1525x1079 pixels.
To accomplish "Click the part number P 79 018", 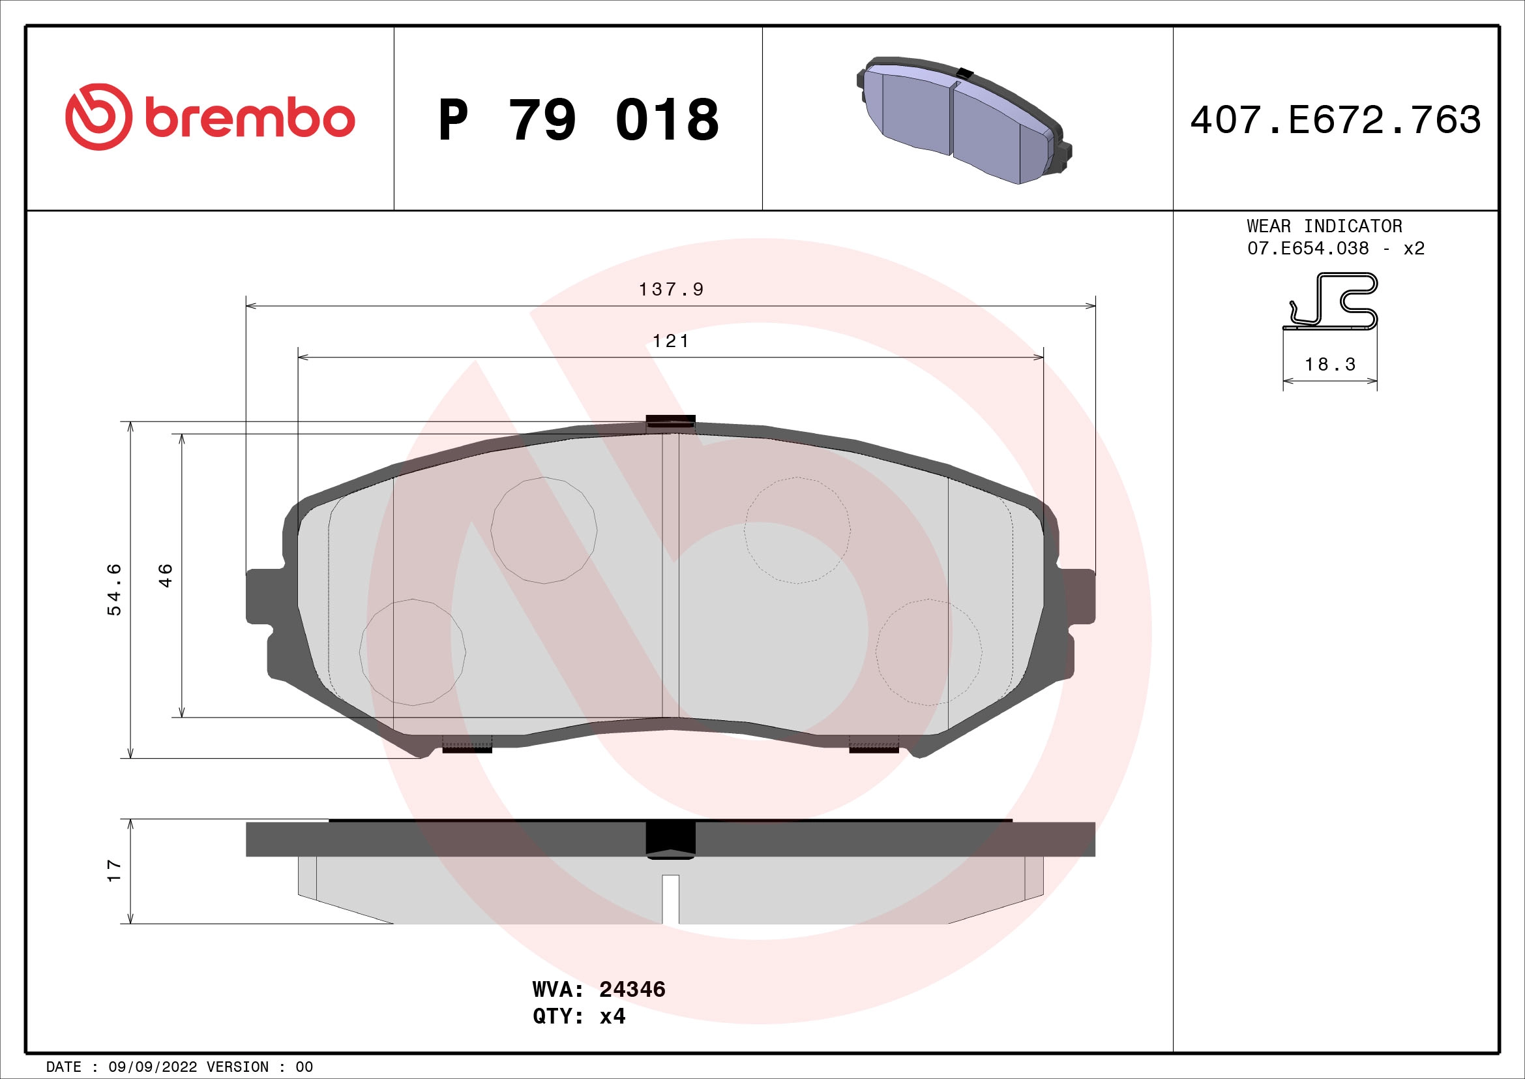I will click(578, 119).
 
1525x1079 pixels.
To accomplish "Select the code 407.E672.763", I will click(1335, 120).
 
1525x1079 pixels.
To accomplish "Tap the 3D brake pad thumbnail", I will click(963, 119).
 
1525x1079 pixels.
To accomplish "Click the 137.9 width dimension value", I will click(671, 290).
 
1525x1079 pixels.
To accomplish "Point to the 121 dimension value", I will click(671, 341).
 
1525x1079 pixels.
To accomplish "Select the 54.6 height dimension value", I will click(115, 589).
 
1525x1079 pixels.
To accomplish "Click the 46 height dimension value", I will click(166, 575).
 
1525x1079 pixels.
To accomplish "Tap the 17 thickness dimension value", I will click(115, 870).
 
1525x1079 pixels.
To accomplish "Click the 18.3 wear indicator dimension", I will click(1329, 365).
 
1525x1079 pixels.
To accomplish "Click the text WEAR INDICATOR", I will click(1324, 226).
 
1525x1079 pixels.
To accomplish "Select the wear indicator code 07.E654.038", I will click(1308, 249).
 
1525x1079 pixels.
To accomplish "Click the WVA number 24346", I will click(632, 990).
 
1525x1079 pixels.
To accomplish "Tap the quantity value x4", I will click(612, 1016).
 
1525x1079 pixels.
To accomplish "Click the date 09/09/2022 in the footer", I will click(153, 1067).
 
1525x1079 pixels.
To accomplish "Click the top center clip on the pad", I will click(670, 421).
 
